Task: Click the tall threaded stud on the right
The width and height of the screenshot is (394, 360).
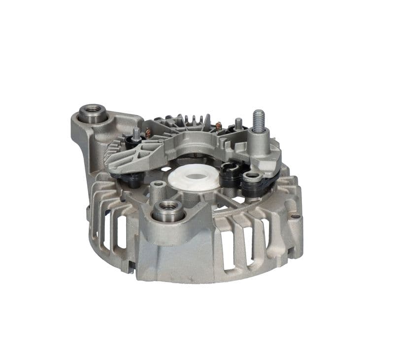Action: point(259,120)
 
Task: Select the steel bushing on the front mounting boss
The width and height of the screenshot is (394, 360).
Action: point(168,211)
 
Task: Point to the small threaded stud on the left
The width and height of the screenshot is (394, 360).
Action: point(136,133)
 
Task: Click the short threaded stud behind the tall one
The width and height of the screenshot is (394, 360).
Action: point(238,123)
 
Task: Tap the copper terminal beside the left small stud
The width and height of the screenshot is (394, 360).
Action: point(147,132)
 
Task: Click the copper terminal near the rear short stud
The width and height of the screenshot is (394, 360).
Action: point(219,126)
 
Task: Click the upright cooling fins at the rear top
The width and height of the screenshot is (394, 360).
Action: point(194,120)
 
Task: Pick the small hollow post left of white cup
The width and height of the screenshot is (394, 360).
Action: point(158,187)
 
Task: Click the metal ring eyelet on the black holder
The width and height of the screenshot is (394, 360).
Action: point(252,176)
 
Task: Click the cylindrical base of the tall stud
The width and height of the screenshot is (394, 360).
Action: point(258,143)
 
